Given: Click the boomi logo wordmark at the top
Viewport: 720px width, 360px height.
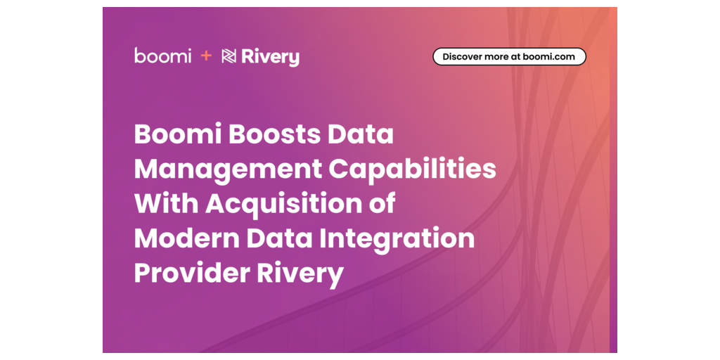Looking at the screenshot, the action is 162,56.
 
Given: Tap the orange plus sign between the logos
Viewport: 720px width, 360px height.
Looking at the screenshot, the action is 206,56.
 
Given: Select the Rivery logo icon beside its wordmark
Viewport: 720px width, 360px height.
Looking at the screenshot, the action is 229,56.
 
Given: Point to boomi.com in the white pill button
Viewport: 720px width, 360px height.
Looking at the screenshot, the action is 548,57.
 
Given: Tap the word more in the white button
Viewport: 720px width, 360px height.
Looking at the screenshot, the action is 493,57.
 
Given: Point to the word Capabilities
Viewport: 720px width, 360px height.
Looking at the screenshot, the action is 412,169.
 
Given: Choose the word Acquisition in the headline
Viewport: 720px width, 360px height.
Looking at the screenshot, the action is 285,205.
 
